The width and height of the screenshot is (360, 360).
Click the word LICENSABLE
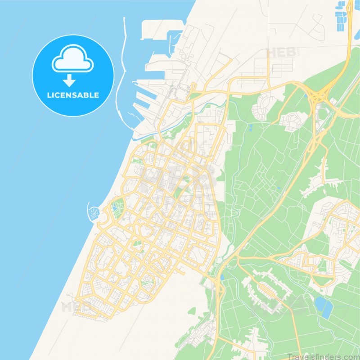pos(73,95)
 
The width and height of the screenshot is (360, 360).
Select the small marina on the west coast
pos(93,212)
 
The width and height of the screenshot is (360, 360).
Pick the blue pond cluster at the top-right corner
pos(343,16)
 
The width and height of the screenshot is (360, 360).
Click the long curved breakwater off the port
pos(120,90)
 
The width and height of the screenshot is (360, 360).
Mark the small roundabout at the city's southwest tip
pos(77,299)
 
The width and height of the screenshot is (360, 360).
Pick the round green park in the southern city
pos(146,283)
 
